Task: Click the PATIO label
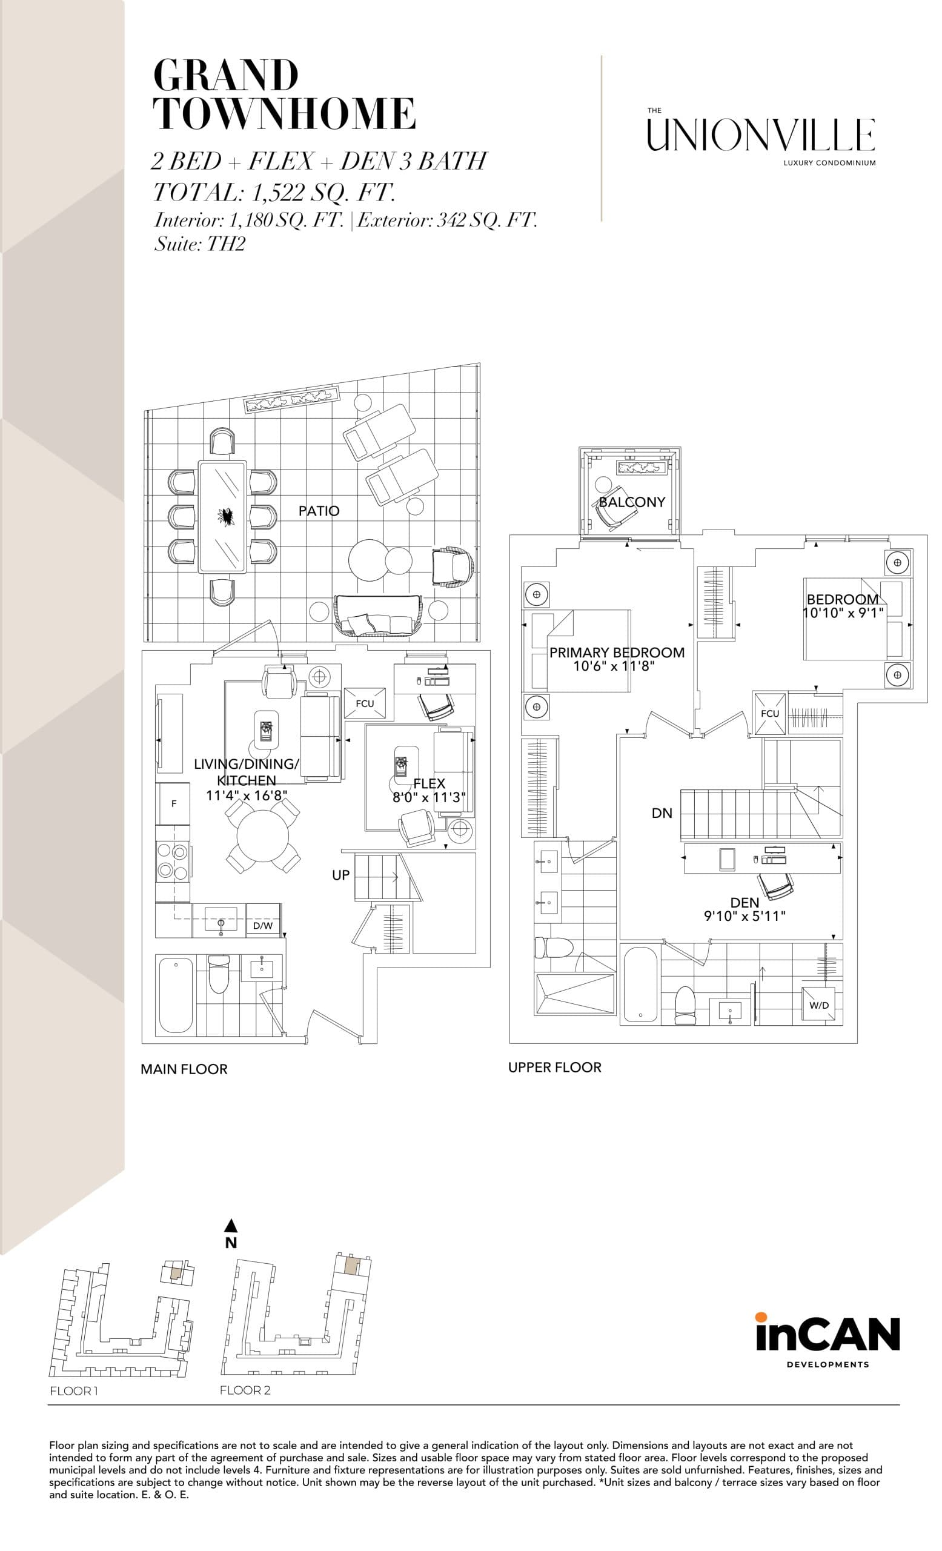[319, 511]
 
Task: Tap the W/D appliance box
[818, 1005]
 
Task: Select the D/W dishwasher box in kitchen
[262, 926]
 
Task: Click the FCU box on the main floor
[364, 703]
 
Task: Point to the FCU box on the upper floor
[769, 713]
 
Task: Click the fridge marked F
[173, 804]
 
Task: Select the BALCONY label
[631, 502]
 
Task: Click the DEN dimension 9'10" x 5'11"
[745, 917]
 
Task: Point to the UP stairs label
[340, 875]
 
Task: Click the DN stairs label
[662, 813]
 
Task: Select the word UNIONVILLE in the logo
[760, 135]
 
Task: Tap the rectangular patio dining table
[222, 517]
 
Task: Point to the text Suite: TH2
[199, 244]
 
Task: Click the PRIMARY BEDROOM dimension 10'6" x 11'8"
[614, 666]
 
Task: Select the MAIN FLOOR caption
[184, 1069]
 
